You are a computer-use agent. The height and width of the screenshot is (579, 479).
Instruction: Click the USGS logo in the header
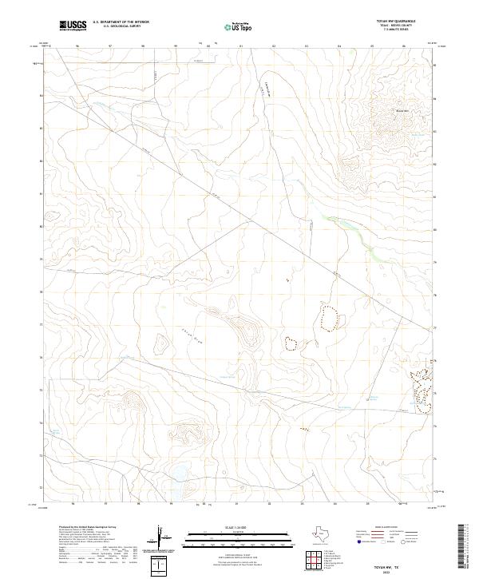click(x=74, y=26)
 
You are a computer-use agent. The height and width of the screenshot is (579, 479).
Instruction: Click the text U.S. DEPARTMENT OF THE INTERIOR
click(x=121, y=23)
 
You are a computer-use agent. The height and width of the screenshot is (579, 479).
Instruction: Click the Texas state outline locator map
click(x=328, y=534)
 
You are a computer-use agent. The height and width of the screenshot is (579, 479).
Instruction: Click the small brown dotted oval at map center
click(x=291, y=343)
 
